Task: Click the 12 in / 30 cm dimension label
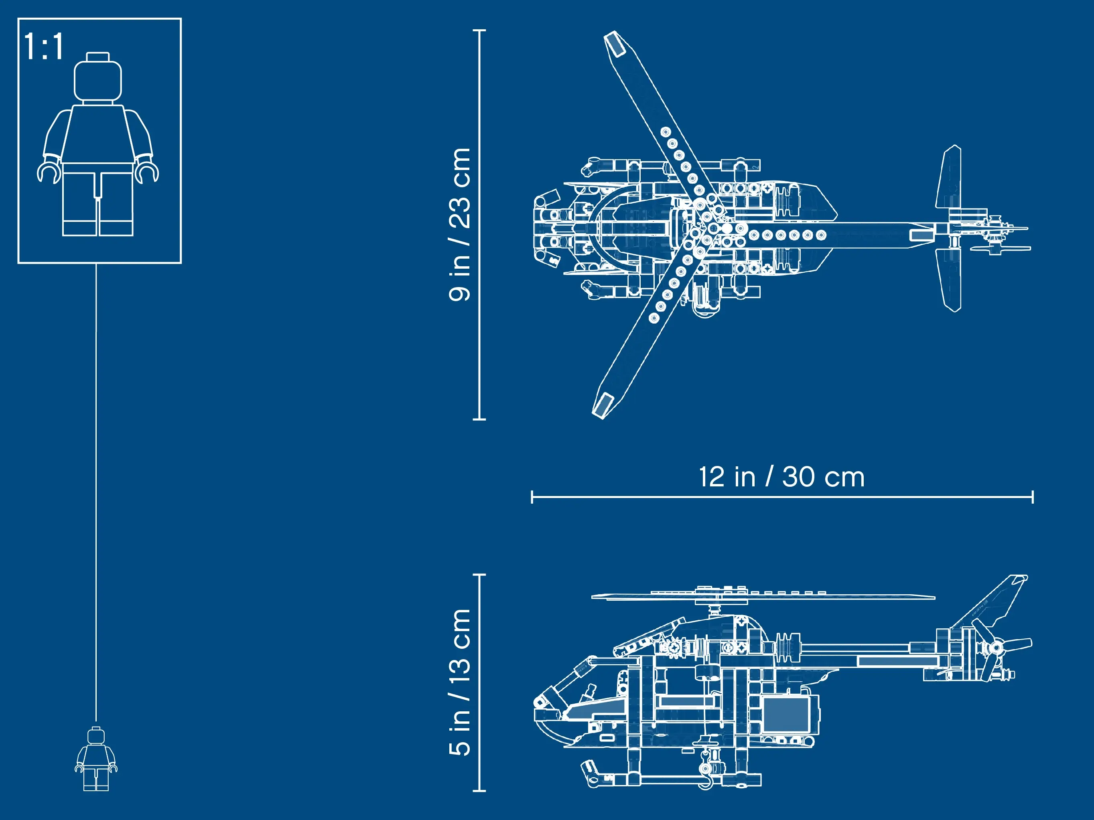pyautogui.click(x=781, y=477)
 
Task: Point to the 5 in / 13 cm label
pyautogui.click(x=459, y=682)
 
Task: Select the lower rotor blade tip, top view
pyautogui.click(x=603, y=406)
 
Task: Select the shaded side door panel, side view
pyautogui.click(x=786, y=714)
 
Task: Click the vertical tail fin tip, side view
pyautogui.click(x=1019, y=579)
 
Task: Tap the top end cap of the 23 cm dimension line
pyautogui.click(x=479, y=30)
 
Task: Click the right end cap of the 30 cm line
pyautogui.click(x=1033, y=497)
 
